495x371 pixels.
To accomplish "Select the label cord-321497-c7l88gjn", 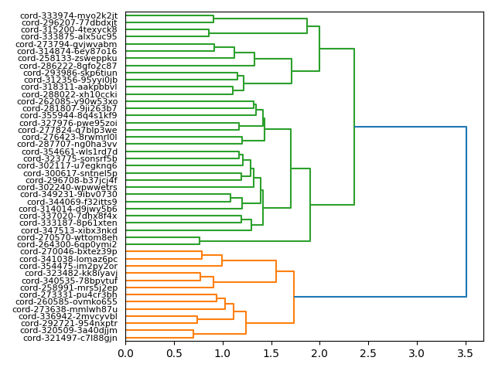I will pos(70,338).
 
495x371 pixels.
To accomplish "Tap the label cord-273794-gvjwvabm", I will pos(67,44).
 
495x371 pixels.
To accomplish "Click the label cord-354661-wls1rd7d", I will pos(70,151).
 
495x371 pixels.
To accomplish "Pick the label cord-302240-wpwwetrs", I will pos(67,187).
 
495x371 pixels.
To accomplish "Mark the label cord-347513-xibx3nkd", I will pos(70,230).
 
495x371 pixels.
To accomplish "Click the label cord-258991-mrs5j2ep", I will pos(69,288).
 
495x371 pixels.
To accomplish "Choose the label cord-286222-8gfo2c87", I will pos(70,66).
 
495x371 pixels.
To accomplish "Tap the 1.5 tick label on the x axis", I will pos(271,353).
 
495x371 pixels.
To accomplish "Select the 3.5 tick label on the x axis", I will pos(466,353).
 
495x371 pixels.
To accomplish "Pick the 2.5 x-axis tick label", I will pos(368,353).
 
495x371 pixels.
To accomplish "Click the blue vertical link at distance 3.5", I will pos(466,212).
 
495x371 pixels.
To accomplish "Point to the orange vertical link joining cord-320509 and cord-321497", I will pos(193,334).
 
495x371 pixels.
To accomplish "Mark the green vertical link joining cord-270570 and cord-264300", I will pos(200,240).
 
